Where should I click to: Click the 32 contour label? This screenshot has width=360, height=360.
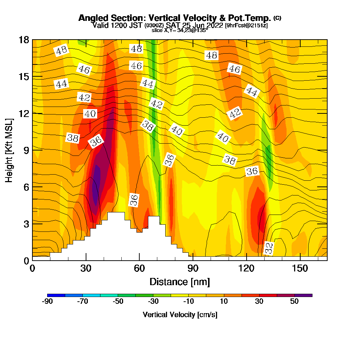[269, 248]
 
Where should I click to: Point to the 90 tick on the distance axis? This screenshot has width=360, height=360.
[193, 269]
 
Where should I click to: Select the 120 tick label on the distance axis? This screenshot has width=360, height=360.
[247, 269]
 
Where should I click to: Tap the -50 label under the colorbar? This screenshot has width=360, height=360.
[118, 302]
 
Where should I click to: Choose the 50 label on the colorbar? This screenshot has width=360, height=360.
[294, 302]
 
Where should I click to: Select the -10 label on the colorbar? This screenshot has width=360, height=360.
[189, 302]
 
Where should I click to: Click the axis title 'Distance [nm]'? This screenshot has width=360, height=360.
[180, 282]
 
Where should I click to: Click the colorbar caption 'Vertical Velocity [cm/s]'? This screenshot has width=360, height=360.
[180, 315]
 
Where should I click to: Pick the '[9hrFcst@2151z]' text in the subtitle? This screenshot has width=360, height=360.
[246, 26]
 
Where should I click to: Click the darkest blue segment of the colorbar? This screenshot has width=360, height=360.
[56, 295]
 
